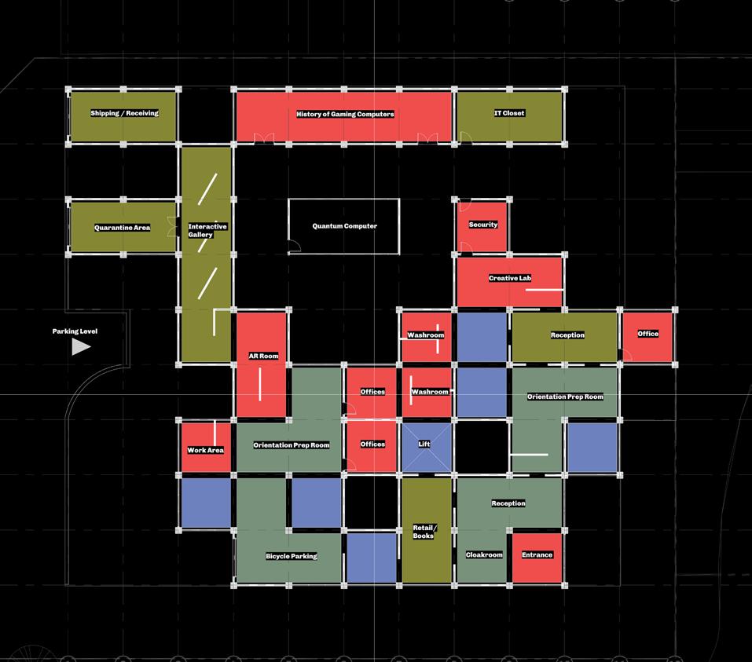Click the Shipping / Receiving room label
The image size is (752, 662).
(124, 113)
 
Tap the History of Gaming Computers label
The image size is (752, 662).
(345, 114)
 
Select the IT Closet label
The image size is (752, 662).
(509, 113)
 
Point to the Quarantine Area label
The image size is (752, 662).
(122, 228)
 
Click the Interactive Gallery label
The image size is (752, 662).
(207, 230)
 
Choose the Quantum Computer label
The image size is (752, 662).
(344, 226)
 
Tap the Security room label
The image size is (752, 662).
(483, 225)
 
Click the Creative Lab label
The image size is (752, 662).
(510, 278)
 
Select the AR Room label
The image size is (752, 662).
(263, 356)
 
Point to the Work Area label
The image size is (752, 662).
(205, 450)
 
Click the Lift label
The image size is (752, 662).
(424, 444)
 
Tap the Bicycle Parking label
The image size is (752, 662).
(292, 556)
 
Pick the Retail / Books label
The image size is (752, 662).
(424, 532)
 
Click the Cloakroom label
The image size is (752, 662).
(484, 554)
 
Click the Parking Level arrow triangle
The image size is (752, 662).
(81, 346)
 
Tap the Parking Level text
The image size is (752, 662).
(75, 331)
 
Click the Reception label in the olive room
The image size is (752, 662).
(567, 335)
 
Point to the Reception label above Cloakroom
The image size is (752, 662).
(508, 503)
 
